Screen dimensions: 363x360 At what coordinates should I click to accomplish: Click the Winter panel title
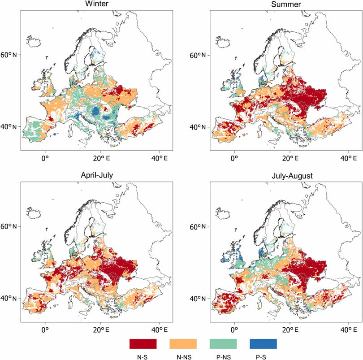(x=97, y=4)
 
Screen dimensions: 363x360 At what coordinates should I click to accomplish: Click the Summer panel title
(x=286, y=4)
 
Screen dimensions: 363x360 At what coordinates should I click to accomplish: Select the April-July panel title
(x=97, y=175)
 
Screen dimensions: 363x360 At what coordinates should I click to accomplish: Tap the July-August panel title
(x=292, y=176)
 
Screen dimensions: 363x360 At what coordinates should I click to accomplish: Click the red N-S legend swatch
(x=143, y=344)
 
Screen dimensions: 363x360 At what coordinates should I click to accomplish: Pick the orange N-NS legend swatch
(x=183, y=344)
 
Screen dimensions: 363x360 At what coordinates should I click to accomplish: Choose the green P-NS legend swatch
(x=223, y=344)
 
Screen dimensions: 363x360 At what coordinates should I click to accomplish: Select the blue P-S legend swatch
(x=263, y=344)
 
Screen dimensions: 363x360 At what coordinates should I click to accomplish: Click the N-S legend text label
(x=142, y=357)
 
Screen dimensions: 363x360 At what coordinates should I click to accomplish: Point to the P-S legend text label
(x=261, y=357)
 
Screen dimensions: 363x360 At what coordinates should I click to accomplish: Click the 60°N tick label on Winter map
(x=9, y=55)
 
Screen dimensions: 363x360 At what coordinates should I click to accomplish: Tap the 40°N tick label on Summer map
(x=198, y=127)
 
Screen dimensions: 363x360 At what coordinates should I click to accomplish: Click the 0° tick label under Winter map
(x=45, y=158)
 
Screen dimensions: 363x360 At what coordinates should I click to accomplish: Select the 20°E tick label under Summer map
(x=290, y=158)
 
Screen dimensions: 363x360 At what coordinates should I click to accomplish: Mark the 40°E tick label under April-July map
(x=159, y=330)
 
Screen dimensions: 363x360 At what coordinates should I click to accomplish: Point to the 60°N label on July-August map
(x=198, y=227)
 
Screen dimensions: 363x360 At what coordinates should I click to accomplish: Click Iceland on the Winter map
(x=34, y=42)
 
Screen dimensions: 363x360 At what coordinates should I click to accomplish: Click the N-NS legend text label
(x=184, y=357)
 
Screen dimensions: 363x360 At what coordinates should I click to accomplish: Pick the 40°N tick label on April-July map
(x=9, y=298)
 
